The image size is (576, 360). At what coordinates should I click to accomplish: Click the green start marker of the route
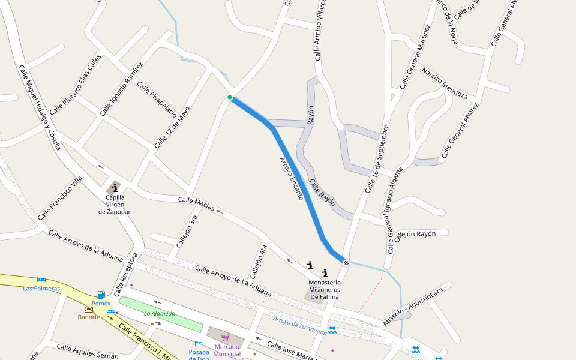pyautogui.click(x=230, y=97)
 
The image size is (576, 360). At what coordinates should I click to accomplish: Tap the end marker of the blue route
pyautogui.click(x=346, y=262)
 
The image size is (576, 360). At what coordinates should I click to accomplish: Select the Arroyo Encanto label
pyautogui.click(x=292, y=178)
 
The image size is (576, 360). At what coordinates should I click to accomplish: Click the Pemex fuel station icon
pyautogui.click(x=101, y=295)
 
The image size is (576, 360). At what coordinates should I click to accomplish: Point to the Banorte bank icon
pyautogui.click(x=89, y=309)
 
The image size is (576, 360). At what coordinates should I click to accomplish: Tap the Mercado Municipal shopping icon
pyautogui.click(x=225, y=337)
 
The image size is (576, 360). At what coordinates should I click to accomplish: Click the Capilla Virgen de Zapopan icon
pyautogui.click(x=115, y=188)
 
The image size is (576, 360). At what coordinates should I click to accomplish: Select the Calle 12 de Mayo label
pyautogui.click(x=172, y=127)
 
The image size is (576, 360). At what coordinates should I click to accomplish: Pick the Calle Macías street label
pyautogui.click(x=196, y=203)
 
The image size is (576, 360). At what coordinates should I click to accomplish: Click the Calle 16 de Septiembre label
pyautogui.click(x=377, y=158)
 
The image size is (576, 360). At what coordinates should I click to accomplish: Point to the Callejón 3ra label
pyautogui.click(x=187, y=231)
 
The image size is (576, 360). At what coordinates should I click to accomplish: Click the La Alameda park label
pyautogui.click(x=160, y=313)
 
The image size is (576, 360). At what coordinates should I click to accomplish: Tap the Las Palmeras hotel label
pyautogui.click(x=41, y=289)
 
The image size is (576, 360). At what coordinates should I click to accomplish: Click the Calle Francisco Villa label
pyautogui.click(x=59, y=198)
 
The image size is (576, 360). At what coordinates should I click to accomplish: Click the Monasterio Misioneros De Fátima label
pyautogui.click(x=324, y=289)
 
